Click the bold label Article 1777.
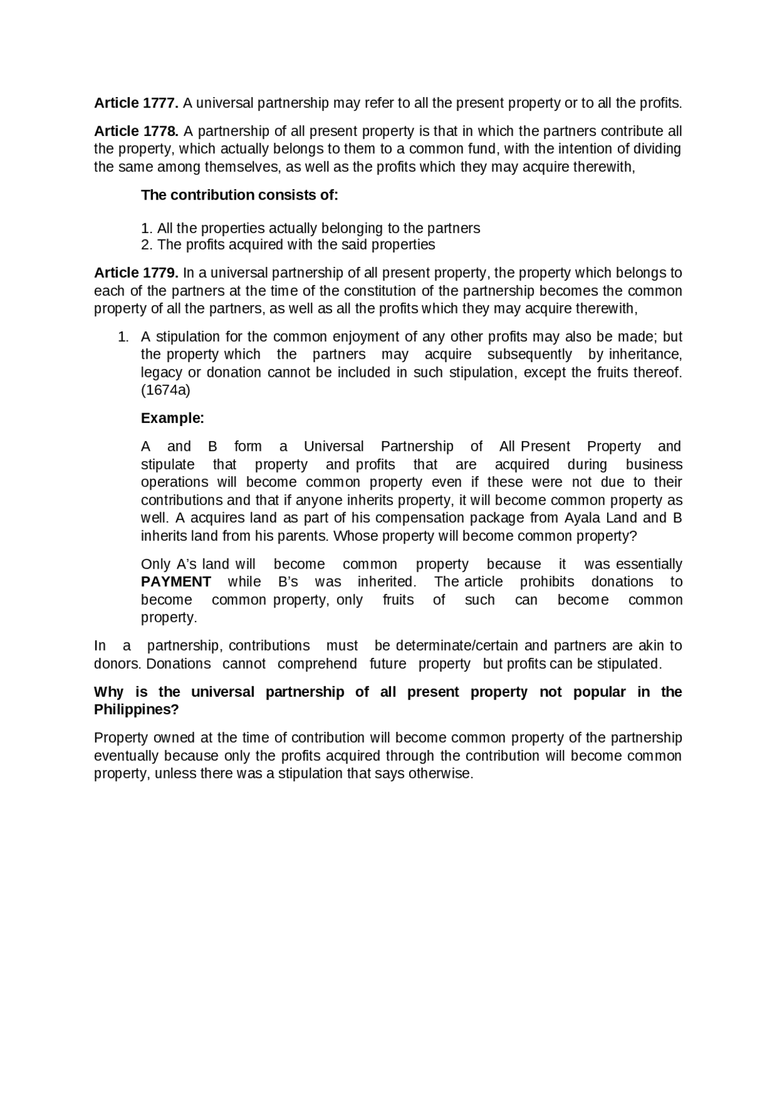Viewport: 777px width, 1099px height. pyautogui.click(x=136, y=103)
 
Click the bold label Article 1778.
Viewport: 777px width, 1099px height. pyautogui.click(x=136, y=131)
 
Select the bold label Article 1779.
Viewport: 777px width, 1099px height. pyautogui.click(x=136, y=273)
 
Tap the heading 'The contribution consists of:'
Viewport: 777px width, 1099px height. pyautogui.click(x=239, y=195)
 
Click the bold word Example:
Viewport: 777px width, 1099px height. pyautogui.click(x=172, y=418)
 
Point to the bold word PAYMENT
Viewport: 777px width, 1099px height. pyautogui.click(x=176, y=582)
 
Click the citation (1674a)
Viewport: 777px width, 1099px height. pyautogui.click(x=166, y=390)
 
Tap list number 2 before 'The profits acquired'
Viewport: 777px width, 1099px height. pyautogui.click(x=146, y=245)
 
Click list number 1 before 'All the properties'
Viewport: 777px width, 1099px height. pyautogui.click(x=146, y=229)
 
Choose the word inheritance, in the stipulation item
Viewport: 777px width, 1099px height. pyautogui.click(x=645, y=354)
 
